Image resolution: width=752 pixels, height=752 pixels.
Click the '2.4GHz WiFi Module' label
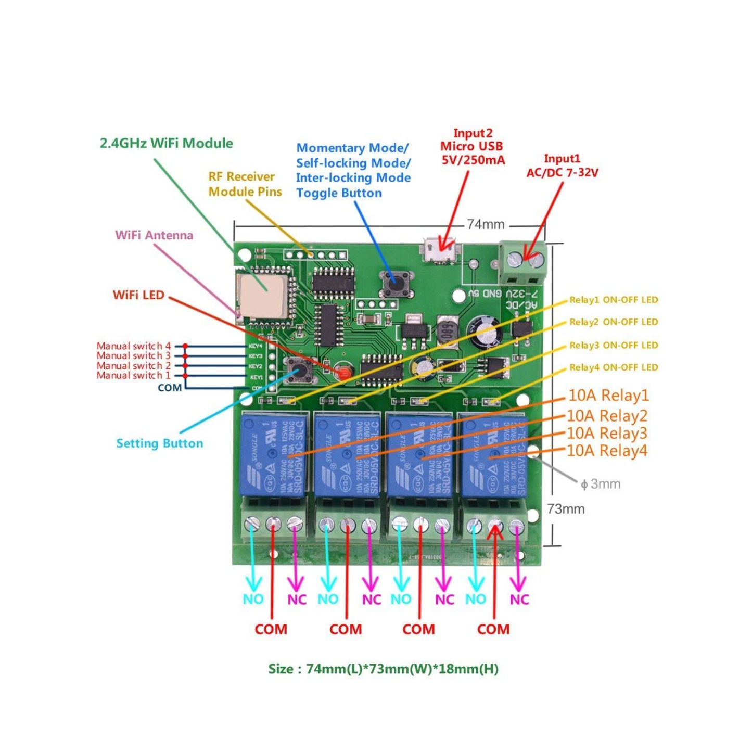pos(166,144)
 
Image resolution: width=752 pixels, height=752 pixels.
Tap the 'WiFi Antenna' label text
pos(154,235)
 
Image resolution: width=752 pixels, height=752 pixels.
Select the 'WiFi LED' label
pos(138,295)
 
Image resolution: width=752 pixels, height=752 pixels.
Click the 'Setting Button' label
pos(160,443)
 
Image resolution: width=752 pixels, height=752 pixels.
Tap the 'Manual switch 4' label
pos(133,346)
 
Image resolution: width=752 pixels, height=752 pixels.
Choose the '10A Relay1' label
pos(608,396)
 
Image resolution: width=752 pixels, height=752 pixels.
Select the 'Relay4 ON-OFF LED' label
pos(614,367)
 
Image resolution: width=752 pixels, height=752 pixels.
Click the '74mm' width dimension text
pos(486,224)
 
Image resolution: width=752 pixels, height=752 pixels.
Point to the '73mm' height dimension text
pos(566,509)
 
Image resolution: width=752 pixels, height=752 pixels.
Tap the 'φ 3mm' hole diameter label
pos(601,484)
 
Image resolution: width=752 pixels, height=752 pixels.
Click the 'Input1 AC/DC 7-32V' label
pos(562,165)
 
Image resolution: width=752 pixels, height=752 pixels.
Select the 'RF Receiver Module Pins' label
pos(245,184)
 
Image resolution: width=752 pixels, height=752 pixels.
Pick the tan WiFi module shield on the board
pos(261,295)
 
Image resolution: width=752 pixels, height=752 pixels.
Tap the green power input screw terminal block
pos(522,262)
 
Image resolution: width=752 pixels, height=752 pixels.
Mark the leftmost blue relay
pos(272,454)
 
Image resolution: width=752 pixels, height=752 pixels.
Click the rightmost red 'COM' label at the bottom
pos(493,629)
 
